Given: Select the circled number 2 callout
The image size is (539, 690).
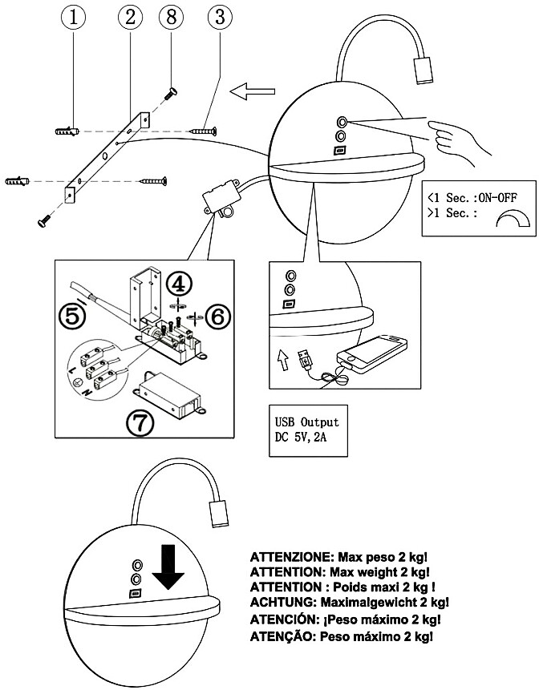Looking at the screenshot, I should (x=129, y=16).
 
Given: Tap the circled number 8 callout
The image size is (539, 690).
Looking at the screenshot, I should (x=170, y=16).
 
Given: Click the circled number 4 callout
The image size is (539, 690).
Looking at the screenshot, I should (x=180, y=283).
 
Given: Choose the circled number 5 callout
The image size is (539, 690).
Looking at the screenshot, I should (x=73, y=315).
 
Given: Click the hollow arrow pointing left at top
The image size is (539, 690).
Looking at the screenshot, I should (x=249, y=93).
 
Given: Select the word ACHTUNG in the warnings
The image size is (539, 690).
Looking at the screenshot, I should (x=282, y=602).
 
